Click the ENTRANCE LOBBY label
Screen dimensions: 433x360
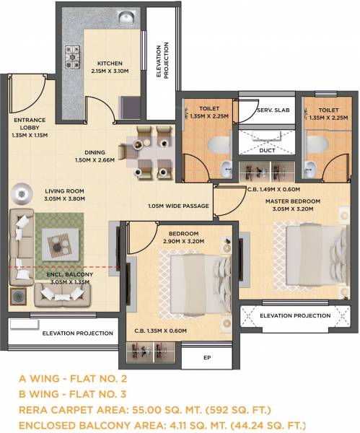click(x=29, y=126)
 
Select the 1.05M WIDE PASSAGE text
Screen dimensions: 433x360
click(x=179, y=206)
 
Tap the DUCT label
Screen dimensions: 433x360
click(x=267, y=152)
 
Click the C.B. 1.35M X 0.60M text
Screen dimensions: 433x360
click(x=159, y=331)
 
